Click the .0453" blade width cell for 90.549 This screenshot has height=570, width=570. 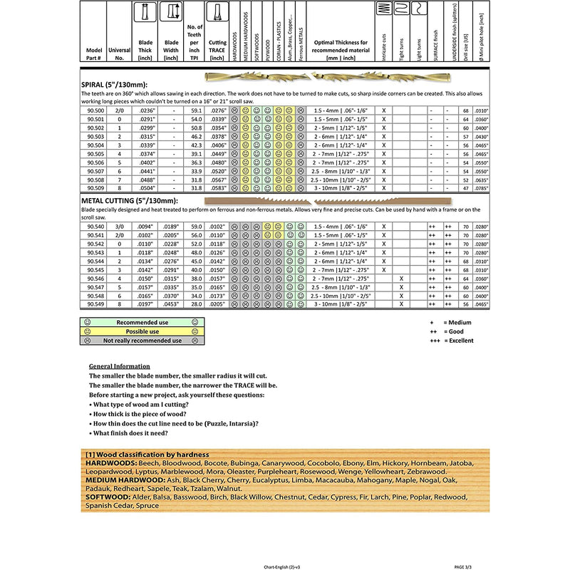click(171, 304)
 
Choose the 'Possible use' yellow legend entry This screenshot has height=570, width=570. click(142, 331)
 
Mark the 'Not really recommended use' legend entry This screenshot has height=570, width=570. click(142, 341)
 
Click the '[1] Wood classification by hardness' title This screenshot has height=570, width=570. click(146, 455)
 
